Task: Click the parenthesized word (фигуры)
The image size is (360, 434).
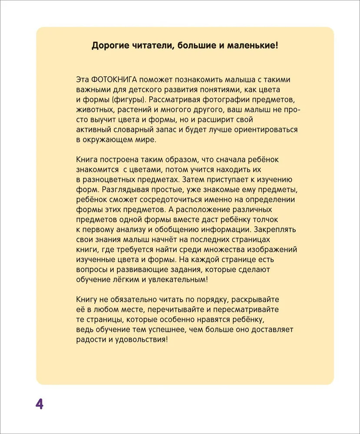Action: click(x=123, y=100)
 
